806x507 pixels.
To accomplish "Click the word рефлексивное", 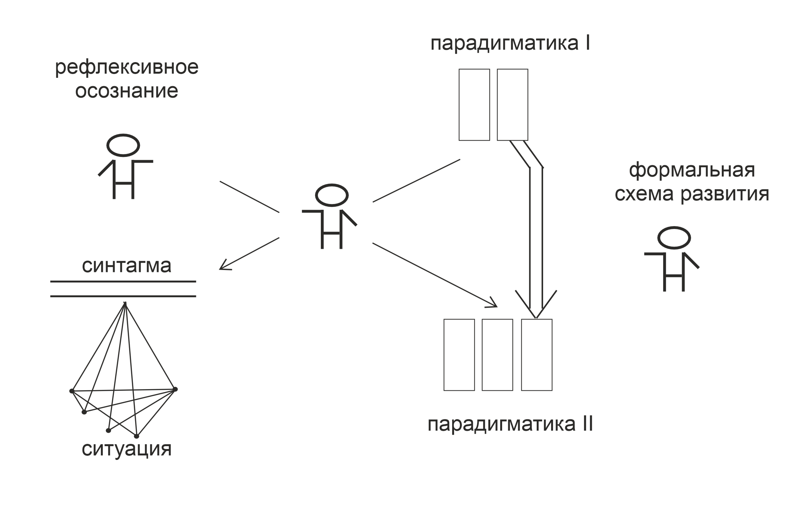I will point(126,68).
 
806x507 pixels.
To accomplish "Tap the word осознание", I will point(126,91).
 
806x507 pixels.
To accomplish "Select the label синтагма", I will point(126,266).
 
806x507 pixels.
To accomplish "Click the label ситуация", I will point(126,449).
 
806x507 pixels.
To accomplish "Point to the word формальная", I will point(692,170).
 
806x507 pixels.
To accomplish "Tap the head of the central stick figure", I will point(332,195).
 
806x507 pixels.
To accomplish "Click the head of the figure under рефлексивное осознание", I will point(123,145).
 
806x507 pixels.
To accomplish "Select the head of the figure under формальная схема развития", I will point(674,238).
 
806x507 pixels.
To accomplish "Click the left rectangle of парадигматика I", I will point(474,104).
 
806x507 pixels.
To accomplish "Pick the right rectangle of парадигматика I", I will point(512,104).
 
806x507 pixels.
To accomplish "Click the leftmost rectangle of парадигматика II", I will point(459,355).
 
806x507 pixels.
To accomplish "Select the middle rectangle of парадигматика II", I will point(497,355).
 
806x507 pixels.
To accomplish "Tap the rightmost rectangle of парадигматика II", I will point(537,355).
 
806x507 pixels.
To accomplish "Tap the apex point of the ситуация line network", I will point(125,303).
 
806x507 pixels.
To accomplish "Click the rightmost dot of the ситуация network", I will point(175,389).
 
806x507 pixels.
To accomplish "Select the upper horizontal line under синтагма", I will point(123,282).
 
